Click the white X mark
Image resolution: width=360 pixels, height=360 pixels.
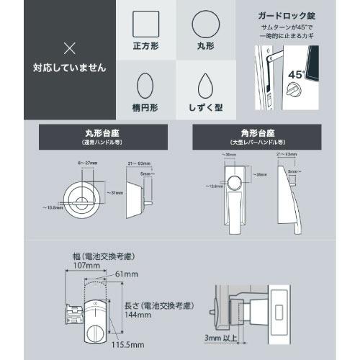[x=69, y=48]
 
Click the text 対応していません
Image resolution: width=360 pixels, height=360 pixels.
[x=69, y=69]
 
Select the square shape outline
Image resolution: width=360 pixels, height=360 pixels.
[x=147, y=26]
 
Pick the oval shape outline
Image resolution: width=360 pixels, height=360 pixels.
[x=147, y=87]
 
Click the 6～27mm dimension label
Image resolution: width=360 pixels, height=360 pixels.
[x=87, y=164]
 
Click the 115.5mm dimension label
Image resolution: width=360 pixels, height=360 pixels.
[x=125, y=345]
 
